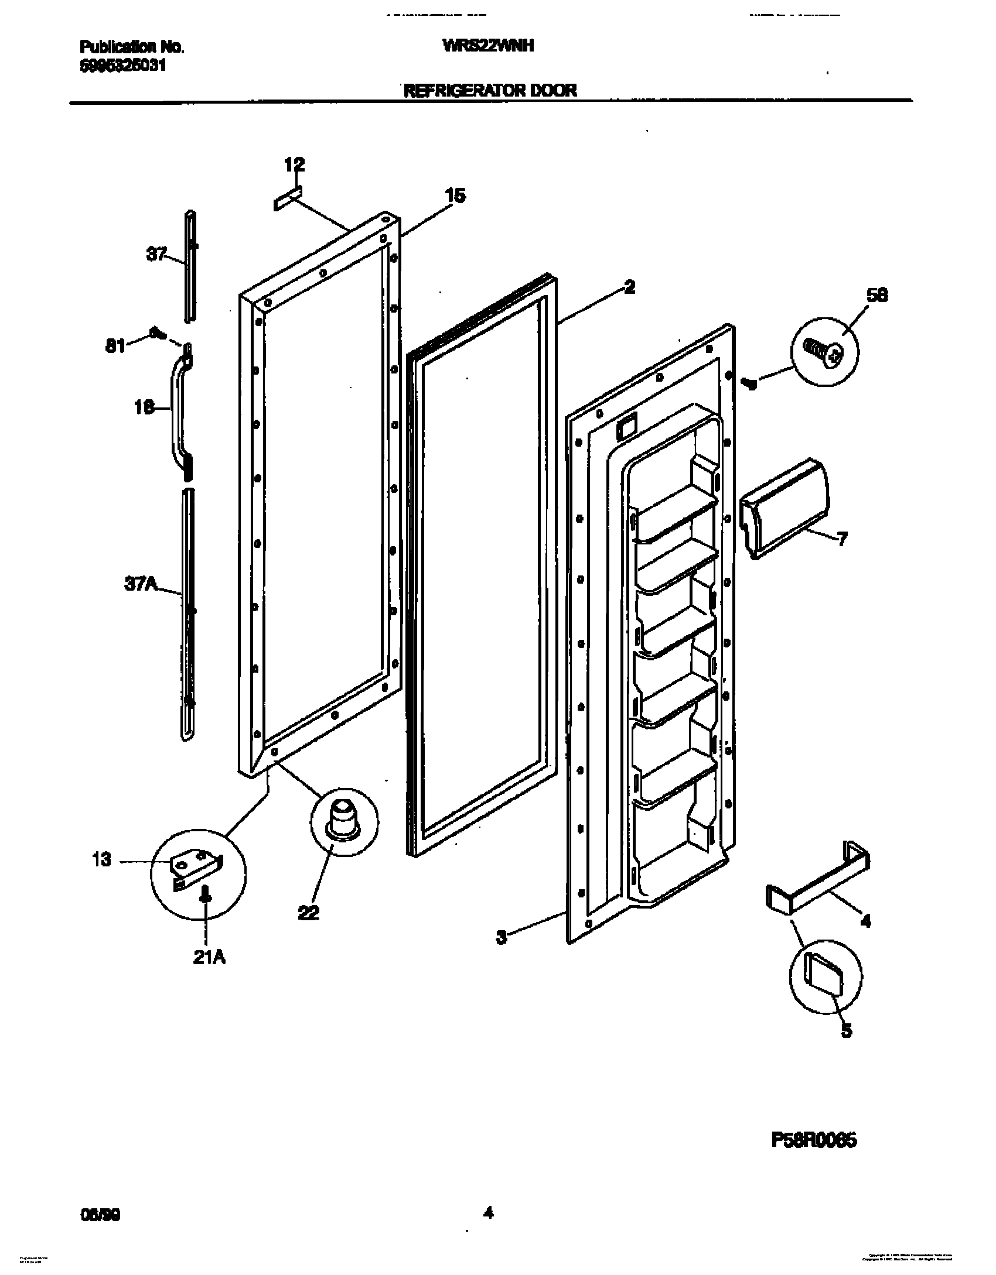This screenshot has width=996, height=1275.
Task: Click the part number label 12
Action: click(295, 165)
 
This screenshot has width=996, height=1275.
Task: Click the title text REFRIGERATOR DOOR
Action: click(489, 90)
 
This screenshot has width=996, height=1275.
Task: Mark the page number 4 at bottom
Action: click(488, 1209)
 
